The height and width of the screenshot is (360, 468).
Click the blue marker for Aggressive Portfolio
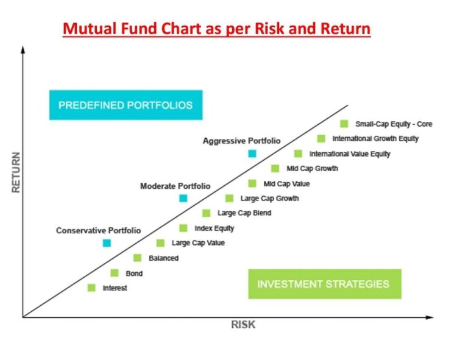252,154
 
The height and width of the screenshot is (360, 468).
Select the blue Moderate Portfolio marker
183,198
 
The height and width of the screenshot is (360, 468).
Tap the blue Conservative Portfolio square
107,243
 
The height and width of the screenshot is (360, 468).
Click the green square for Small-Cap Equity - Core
344,124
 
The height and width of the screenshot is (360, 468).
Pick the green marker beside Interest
91,288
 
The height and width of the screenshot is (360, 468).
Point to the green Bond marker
115,273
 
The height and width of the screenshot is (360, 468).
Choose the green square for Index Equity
183,228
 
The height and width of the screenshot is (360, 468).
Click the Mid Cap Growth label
312,169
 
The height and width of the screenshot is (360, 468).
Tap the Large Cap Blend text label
244,213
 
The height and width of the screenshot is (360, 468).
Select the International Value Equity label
350,154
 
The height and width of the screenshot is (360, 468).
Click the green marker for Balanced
137,258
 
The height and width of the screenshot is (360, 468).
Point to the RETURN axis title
16,172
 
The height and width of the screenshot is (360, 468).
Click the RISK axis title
243,325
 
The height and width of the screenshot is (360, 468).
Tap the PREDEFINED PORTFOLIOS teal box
126,105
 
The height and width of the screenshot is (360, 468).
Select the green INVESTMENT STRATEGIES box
325,284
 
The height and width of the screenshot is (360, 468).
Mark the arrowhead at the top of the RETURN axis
23,49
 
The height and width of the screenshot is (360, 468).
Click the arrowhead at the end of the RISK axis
430,317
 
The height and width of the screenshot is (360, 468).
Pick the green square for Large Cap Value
160,243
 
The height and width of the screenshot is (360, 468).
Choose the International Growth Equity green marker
321,138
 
